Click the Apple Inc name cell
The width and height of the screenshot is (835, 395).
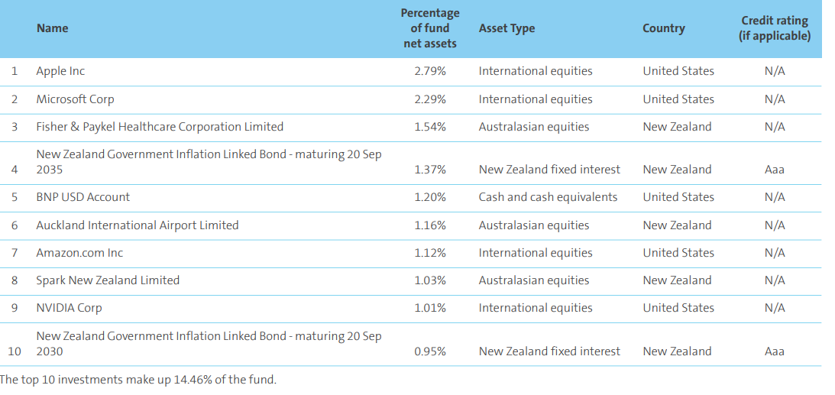pyautogui.click(x=60, y=71)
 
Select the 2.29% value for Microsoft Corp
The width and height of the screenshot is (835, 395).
pyautogui.click(x=430, y=99)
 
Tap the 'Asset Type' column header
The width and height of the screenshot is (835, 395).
pyautogui.click(x=507, y=28)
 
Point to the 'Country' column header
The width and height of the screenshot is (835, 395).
pyautogui.click(x=664, y=28)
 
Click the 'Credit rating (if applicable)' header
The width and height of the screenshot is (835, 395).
pyautogui.click(x=775, y=28)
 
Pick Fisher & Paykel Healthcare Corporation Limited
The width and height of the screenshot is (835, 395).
pyautogui.click(x=160, y=127)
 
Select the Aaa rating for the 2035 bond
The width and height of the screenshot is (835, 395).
pyautogui.click(x=775, y=170)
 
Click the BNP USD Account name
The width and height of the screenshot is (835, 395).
pyautogui.click(x=83, y=197)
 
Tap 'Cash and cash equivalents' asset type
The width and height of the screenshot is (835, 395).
pyautogui.click(x=548, y=197)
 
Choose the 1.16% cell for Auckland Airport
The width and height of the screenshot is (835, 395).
pyautogui.click(x=430, y=225)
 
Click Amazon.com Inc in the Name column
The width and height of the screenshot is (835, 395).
pyautogui.click(x=79, y=253)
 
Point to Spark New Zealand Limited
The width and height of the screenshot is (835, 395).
pyautogui.click(x=108, y=280)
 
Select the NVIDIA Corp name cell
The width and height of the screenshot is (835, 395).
pyautogui.click(x=69, y=308)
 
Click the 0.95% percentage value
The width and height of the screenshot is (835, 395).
pyautogui.click(x=430, y=351)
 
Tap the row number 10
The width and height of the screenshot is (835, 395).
pyautogui.click(x=15, y=351)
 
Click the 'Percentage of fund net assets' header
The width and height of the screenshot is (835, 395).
pyautogui.click(x=430, y=28)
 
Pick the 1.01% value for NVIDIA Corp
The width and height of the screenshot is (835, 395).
pyautogui.click(x=430, y=308)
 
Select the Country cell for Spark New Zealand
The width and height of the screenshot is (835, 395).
pyautogui.click(x=677, y=280)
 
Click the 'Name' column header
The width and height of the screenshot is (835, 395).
pyautogui.click(x=52, y=28)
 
